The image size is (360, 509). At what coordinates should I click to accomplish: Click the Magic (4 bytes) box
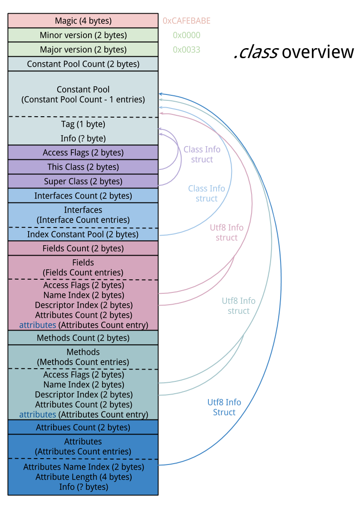click(83, 21)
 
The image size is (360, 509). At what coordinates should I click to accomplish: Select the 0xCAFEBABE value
click(187, 21)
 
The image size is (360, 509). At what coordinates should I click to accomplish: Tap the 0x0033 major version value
click(186, 49)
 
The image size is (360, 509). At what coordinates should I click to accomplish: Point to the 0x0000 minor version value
click(186, 35)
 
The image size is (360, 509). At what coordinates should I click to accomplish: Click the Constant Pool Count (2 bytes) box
click(83, 64)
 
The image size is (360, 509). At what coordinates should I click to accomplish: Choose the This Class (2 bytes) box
click(83, 167)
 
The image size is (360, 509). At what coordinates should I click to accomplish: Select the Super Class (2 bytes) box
click(83, 182)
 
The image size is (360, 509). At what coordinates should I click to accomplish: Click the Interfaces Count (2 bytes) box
click(83, 196)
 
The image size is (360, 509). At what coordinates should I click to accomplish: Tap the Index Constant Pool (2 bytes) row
click(83, 234)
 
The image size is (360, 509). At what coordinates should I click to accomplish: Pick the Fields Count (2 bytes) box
click(83, 248)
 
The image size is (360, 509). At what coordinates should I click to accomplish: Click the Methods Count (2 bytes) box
click(83, 338)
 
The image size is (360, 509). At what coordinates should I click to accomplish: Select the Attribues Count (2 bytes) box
click(83, 427)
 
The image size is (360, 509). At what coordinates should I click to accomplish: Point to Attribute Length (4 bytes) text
click(84, 477)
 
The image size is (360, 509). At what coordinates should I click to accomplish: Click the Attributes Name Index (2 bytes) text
click(84, 467)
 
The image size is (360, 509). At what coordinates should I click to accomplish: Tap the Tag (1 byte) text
click(83, 124)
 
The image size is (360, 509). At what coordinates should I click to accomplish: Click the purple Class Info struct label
click(202, 154)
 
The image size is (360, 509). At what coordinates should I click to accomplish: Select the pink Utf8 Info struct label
click(227, 232)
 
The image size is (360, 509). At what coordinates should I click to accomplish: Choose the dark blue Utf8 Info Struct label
click(224, 407)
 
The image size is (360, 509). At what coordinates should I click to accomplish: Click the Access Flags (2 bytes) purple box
click(83, 153)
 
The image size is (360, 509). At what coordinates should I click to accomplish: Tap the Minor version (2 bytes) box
click(83, 35)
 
